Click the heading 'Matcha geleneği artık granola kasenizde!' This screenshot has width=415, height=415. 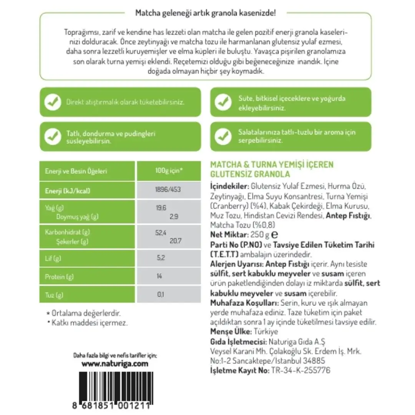206,13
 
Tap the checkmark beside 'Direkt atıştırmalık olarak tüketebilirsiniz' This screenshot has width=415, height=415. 53,102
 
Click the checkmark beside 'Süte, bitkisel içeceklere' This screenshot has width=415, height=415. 222,102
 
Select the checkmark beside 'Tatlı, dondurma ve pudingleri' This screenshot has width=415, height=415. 53,137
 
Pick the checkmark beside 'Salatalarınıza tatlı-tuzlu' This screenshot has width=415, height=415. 222,137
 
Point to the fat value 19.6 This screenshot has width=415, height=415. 161,208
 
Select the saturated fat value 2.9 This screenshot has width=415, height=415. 174,216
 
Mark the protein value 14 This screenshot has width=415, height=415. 159,276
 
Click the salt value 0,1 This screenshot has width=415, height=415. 160,295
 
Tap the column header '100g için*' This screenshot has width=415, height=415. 169,171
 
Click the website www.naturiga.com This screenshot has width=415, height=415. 115,364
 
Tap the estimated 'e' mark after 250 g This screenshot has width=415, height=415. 274,235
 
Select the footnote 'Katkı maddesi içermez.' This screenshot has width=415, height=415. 89,323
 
